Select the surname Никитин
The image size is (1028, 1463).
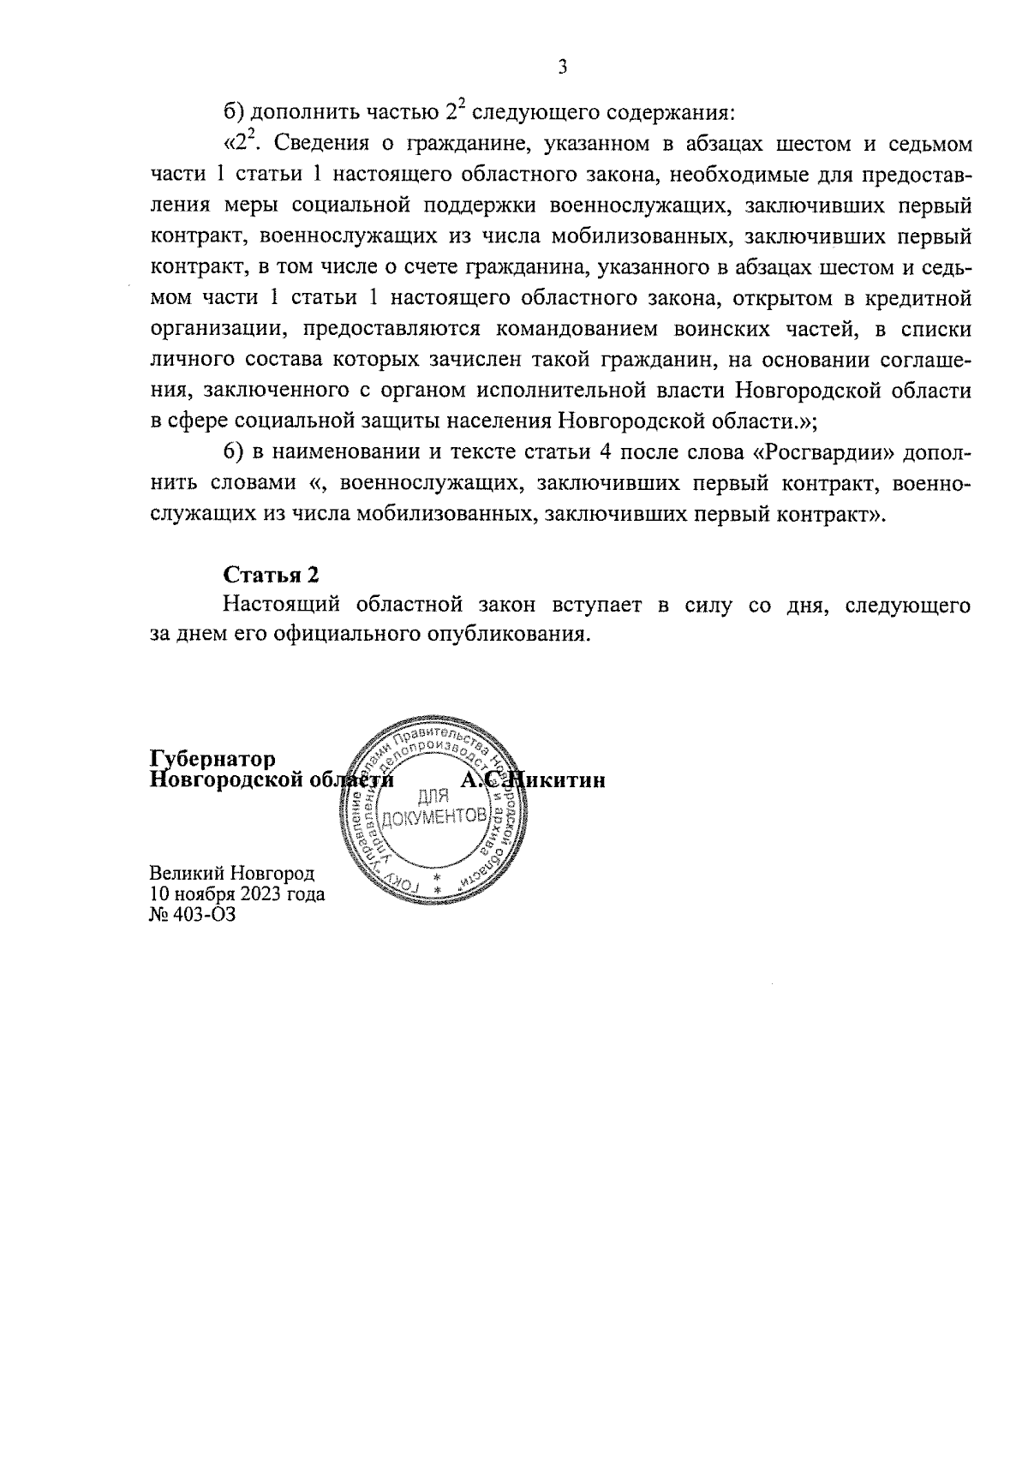pyautogui.click(x=557, y=780)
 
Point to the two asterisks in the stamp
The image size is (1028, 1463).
pyautogui.click(x=437, y=886)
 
